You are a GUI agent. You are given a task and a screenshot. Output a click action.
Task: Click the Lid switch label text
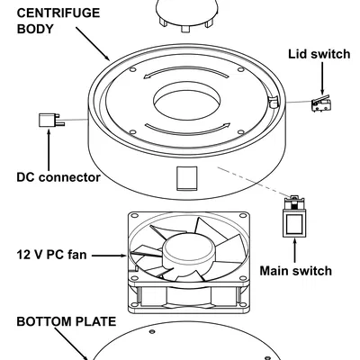319,54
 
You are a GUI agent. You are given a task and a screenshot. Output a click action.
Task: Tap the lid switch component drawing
321,103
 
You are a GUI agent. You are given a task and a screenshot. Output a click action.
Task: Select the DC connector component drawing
51,120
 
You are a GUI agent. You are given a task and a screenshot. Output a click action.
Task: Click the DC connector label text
58,177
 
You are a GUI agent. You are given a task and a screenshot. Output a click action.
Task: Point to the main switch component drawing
294,217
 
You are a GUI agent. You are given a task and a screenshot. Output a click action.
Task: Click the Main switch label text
295,271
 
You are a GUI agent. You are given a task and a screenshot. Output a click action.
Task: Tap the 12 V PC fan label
51,255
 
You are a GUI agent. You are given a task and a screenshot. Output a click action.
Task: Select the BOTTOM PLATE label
66,321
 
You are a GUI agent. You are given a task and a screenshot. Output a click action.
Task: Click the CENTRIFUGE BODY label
58,21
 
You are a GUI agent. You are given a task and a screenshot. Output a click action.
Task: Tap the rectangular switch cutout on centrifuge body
186,178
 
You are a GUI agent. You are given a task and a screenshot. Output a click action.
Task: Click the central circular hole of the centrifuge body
186,101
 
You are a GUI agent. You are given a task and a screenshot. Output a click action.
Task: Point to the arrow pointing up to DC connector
49,150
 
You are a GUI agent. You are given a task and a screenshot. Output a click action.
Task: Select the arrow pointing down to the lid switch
322,78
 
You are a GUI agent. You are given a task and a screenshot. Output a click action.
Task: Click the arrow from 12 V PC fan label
110,256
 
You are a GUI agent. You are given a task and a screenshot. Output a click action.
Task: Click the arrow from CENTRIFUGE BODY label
93,44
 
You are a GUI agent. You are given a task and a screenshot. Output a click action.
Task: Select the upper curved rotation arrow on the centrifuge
184,71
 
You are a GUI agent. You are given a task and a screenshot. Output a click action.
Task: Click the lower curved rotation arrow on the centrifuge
187,129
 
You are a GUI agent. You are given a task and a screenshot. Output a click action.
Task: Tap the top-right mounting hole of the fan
242,216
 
